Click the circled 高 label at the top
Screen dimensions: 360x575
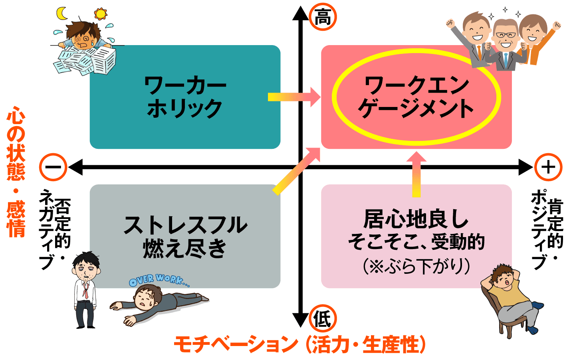tap(323, 18)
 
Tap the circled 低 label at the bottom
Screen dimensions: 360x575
tap(323, 319)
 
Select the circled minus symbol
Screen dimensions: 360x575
tap(53, 167)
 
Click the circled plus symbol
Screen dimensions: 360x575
tap(548, 167)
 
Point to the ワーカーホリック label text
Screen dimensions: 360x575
tap(185, 97)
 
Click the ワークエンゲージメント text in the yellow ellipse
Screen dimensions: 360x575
tap(416, 97)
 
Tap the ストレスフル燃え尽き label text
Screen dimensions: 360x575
tap(185, 236)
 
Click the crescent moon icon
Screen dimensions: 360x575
tap(62, 13)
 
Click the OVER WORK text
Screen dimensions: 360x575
tap(159, 280)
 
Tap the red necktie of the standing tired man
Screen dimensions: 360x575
tap(85, 290)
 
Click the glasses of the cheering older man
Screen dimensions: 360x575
tap(505, 35)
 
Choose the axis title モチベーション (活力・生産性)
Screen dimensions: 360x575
tap(299, 344)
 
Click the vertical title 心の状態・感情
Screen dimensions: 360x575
tap(16, 172)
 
